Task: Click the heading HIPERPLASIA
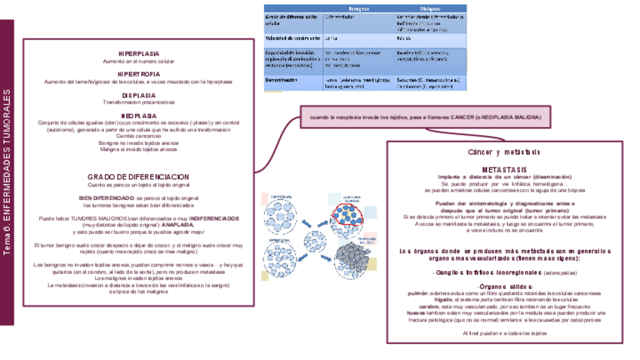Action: pyautogui.click(x=138, y=54)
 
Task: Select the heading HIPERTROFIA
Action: pyautogui.click(x=138, y=74)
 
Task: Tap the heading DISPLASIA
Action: pyautogui.click(x=138, y=95)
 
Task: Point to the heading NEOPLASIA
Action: pyautogui.click(x=138, y=115)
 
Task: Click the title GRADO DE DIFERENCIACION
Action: pyautogui.click(x=138, y=177)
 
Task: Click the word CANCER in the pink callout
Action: pyautogui.click(x=465, y=118)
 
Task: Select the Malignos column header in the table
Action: pyautogui.click(x=430, y=8)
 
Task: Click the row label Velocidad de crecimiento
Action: pyautogui.click(x=293, y=37)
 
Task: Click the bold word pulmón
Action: pyautogui.click(x=418, y=293)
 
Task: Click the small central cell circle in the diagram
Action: pyautogui.click(x=315, y=244)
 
